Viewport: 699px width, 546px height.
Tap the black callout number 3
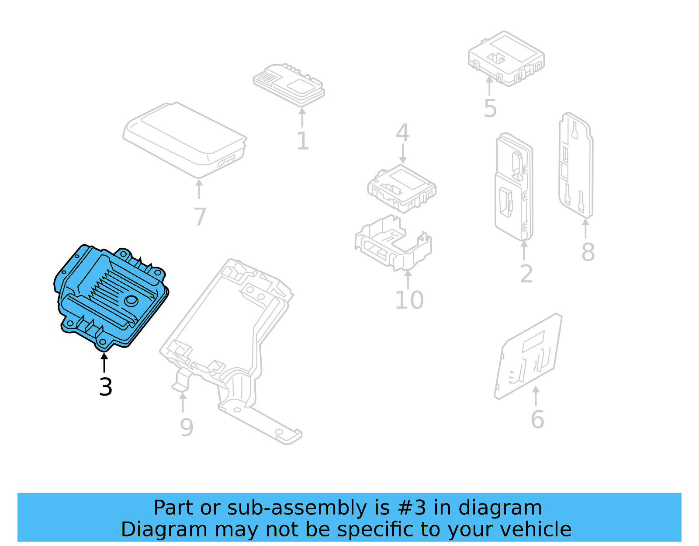[106, 387]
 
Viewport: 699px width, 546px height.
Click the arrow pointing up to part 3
[104, 362]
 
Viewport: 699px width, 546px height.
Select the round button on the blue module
[131, 301]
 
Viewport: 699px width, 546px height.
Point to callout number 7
[200, 217]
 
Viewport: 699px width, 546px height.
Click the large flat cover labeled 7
[183, 138]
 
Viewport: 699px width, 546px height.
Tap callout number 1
[302, 141]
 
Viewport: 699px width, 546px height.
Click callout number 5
[490, 109]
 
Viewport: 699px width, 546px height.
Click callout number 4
[402, 133]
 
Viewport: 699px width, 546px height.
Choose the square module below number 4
[401, 188]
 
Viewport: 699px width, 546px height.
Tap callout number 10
[409, 300]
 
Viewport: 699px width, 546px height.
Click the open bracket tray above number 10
[393, 243]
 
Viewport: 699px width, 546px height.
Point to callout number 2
[526, 274]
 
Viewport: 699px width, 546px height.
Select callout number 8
[588, 252]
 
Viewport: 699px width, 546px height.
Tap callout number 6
[537, 420]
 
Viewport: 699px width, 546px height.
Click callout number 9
[187, 428]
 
